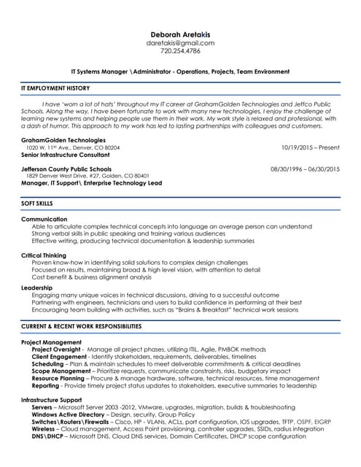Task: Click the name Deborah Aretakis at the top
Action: click(x=180, y=34)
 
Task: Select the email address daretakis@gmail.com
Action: click(x=180, y=43)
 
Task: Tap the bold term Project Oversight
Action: click(x=57, y=350)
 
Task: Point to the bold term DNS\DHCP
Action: click(x=47, y=436)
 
